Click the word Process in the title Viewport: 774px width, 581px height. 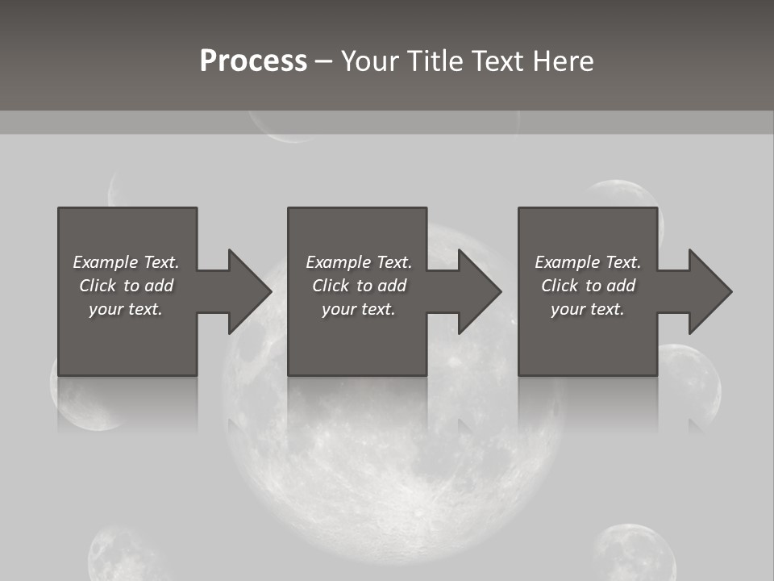253,61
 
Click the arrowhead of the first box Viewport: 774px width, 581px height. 249,291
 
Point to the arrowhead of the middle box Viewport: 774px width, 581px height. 480,291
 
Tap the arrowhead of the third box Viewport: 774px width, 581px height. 709,291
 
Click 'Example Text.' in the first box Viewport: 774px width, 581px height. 126,262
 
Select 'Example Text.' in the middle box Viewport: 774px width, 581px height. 359,262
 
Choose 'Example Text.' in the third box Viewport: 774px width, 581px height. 588,262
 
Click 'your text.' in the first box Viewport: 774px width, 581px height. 126,309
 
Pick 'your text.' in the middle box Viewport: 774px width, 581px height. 359,309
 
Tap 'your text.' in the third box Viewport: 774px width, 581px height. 588,309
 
